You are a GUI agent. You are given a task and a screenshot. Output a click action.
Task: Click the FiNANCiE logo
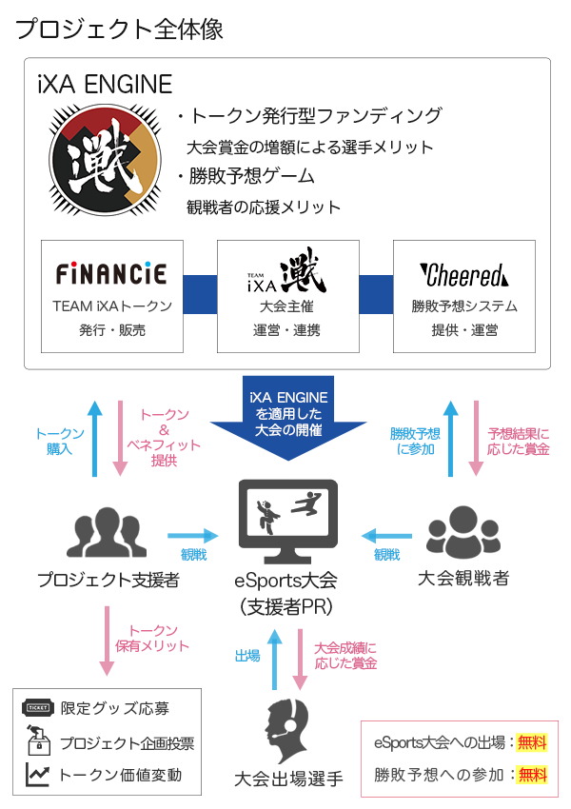pyautogui.click(x=111, y=273)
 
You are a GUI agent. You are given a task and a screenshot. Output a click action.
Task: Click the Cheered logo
pyautogui.click(x=463, y=275)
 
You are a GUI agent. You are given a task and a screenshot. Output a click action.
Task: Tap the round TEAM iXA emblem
pyautogui.click(x=105, y=160)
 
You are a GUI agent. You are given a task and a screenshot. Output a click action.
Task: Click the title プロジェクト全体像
pyautogui.click(x=119, y=29)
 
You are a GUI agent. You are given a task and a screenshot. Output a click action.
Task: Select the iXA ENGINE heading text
pyautogui.click(x=105, y=85)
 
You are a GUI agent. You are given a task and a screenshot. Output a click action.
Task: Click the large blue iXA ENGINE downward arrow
pyautogui.click(x=288, y=418)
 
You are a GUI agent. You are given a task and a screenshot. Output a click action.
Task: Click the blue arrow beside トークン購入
pyautogui.click(x=94, y=439)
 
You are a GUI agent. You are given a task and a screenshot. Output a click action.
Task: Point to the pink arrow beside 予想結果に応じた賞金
pyautogui.click(x=476, y=439)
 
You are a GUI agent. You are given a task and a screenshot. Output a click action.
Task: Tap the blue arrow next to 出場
pyautogui.click(x=274, y=660)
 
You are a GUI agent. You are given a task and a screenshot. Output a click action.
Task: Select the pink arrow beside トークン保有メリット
pyautogui.click(x=107, y=641)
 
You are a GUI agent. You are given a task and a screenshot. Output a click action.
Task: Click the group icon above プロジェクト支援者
pyautogui.click(x=107, y=532)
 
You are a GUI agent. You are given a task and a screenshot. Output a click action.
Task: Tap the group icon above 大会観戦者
pyautogui.click(x=463, y=532)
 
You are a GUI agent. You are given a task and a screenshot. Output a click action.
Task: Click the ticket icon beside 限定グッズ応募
pyautogui.click(x=38, y=707)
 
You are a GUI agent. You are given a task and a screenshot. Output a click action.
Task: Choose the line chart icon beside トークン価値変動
pyautogui.click(x=38, y=774)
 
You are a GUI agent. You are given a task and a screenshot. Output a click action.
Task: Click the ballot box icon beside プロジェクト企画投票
pyautogui.click(x=38, y=740)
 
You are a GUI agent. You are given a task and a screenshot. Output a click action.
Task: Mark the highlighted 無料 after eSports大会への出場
pyautogui.click(x=532, y=742)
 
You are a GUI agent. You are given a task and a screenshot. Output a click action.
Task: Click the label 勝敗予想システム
pyautogui.click(x=464, y=306)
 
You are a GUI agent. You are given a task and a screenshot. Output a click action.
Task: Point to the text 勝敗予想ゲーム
pyautogui.click(x=251, y=176)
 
